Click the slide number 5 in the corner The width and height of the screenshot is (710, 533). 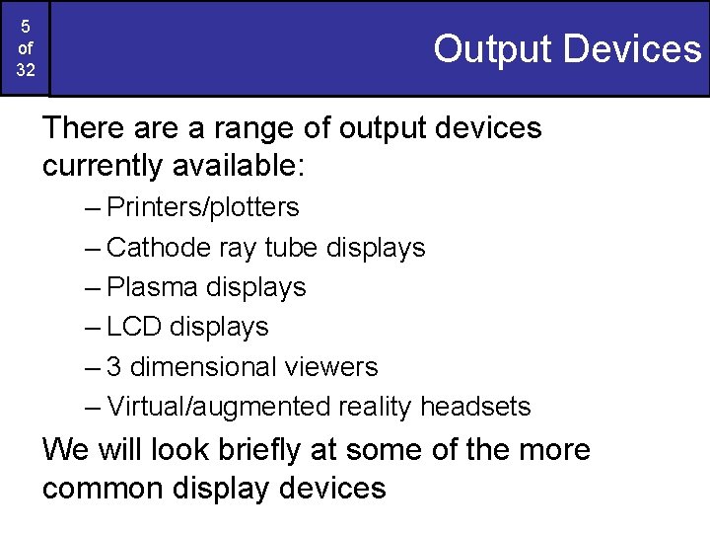tap(25, 27)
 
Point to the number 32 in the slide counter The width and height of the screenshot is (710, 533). tap(25, 70)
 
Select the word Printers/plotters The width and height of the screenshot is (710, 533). tap(203, 208)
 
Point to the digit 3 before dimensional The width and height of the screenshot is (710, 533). tap(114, 367)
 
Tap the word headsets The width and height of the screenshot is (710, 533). tap(475, 407)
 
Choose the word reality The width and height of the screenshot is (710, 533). tap(376, 407)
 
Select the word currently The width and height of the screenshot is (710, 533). tap(103, 166)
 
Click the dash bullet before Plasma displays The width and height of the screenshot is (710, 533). tap(94, 287)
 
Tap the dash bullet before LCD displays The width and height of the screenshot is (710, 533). tap(94, 327)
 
